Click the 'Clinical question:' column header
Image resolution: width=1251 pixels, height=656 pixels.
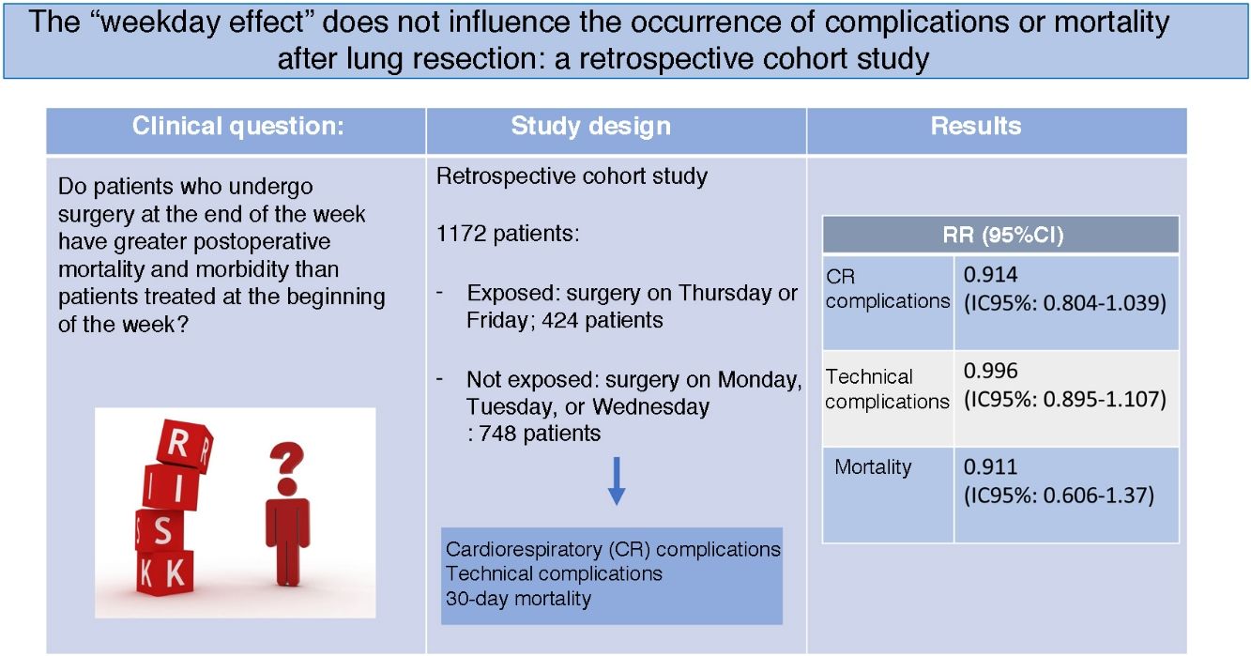point(238,126)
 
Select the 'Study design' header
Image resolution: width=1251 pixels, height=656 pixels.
point(591,127)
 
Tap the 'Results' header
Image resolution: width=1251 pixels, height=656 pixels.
point(976,126)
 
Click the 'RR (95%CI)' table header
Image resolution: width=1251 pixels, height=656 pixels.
point(1003,235)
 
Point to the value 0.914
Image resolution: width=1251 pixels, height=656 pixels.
point(990,275)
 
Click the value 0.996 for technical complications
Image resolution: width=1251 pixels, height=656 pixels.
point(990,371)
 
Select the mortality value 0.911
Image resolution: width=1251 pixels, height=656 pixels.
point(990,466)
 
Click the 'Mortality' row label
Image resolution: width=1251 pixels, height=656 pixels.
point(873,466)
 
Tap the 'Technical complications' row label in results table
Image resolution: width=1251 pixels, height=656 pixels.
point(887,389)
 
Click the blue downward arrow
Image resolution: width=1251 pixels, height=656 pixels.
point(617,481)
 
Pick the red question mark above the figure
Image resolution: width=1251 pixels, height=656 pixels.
point(287,468)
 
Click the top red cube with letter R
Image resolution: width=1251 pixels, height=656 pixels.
point(184,444)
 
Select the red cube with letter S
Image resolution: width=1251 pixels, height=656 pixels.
point(161,530)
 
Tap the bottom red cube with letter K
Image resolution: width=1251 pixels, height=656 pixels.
point(166,573)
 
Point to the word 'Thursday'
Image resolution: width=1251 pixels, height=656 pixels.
point(722,294)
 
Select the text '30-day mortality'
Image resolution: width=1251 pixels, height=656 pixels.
point(518,599)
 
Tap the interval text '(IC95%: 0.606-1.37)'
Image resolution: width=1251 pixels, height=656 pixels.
point(1059,496)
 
